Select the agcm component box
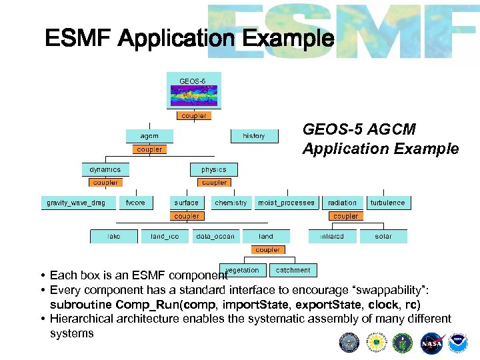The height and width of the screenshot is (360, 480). click(x=149, y=135)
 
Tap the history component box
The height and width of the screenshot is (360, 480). click(x=254, y=135)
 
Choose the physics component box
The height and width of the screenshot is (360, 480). click(x=214, y=169)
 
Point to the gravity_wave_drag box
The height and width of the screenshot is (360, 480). click(x=76, y=203)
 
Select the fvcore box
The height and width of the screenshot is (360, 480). click(x=135, y=203)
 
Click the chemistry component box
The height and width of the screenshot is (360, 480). click(x=231, y=203)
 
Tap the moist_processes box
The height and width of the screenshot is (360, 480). click(x=287, y=203)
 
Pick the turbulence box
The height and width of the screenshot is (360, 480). click(x=387, y=203)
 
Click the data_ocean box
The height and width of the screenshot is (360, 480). click(x=215, y=236)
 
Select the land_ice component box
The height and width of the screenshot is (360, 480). click(x=165, y=236)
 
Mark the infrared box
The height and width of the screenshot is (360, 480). click(x=332, y=236)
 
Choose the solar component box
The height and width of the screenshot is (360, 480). click(x=383, y=236)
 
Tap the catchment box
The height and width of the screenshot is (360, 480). click(x=293, y=270)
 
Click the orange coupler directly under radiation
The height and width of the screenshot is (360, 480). click(x=345, y=216)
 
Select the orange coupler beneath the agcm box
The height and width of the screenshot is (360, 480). click(x=149, y=149)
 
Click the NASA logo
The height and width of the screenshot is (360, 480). click(x=431, y=343)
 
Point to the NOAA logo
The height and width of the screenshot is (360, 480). click(x=458, y=343)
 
